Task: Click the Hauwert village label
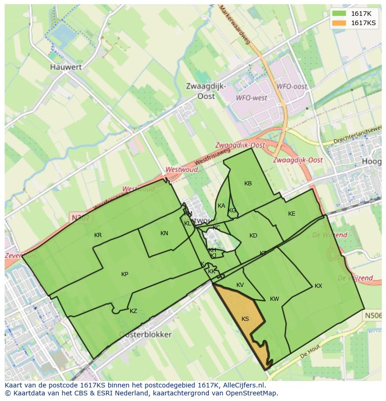click(x=66, y=67)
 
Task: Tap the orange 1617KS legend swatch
click(x=340, y=23)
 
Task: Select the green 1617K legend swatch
click(x=340, y=14)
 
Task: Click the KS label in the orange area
click(x=245, y=319)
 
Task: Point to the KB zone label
click(x=248, y=184)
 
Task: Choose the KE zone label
click(x=292, y=214)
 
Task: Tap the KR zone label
click(x=98, y=235)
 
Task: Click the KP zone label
click(x=124, y=274)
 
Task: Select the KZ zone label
click(x=133, y=311)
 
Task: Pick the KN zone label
click(x=164, y=233)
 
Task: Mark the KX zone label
click(x=318, y=286)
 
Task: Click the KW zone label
click(x=275, y=299)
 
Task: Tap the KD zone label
click(x=253, y=236)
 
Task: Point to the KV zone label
click(x=240, y=285)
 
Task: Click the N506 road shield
click(x=372, y=315)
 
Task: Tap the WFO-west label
click(x=252, y=98)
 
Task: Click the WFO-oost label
click(x=292, y=87)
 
